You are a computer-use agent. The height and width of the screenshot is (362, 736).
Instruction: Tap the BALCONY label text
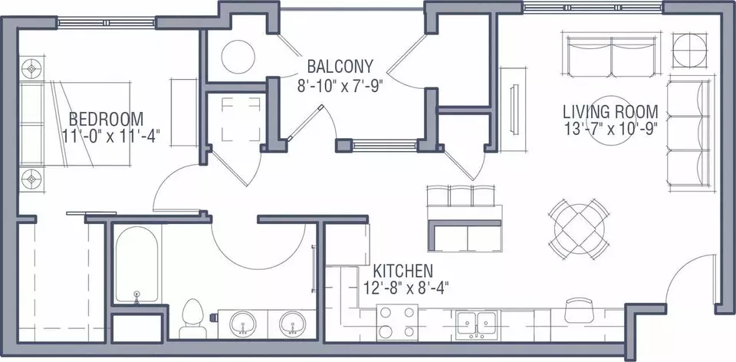pyautogui.click(x=340, y=66)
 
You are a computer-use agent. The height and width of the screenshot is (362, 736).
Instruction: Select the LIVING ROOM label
pyautogui.click(x=610, y=112)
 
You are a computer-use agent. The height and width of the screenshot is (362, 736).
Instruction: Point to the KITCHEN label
pyautogui.click(x=402, y=271)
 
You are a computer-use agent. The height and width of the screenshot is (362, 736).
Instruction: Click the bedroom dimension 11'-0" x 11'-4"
pyautogui.click(x=111, y=136)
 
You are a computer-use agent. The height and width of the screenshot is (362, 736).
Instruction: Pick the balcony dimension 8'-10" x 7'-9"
pyautogui.click(x=340, y=87)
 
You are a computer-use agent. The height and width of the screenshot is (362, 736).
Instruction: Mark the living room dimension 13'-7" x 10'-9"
pyautogui.click(x=610, y=128)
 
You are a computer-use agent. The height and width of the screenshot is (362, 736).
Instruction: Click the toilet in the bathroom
pyautogui.click(x=192, y=318)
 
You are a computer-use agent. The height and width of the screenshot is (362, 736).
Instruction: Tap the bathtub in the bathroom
pyautogui.click(x=136, y=265)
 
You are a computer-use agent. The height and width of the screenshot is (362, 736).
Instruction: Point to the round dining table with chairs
pyautogui.click(x=580, y=229)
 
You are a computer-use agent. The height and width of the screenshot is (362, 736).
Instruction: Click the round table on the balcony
pyautogui.click(x=238, y=57)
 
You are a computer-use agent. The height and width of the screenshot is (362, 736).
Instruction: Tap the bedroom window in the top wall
pyautogui.click(x=106, y=22)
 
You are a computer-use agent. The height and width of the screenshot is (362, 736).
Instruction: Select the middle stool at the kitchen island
pyautogui.click(x=461, y=196)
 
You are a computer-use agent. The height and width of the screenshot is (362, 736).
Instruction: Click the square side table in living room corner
pyautogui.click(x=689, y=51)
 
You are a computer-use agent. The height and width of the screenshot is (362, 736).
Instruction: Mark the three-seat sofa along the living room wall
pyautogui.click(x=688, y=133)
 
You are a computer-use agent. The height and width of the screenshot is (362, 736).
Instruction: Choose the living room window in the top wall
pyautogui.click(x=593, y=7)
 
